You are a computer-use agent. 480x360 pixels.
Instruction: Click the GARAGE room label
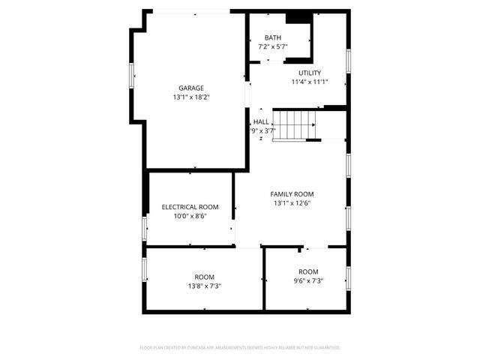(x=190, y=88)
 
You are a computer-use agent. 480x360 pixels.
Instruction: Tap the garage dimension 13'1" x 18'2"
(x=190, y=97)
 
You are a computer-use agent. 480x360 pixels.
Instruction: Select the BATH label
(x=273, y=38)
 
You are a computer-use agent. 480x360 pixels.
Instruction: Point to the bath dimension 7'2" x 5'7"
(x=273, y=46)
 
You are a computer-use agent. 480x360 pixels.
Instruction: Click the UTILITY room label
(x=310, y=73)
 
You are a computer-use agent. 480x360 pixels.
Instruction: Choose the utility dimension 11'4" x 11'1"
(x=310, y=82)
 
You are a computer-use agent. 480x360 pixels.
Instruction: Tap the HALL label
(x=261, y=121)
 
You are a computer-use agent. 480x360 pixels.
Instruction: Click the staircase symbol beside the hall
(x=295, y=124)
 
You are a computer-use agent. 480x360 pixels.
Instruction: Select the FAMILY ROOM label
(x=292, y=194)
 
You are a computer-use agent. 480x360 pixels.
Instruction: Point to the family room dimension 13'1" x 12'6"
(x=292, y=203)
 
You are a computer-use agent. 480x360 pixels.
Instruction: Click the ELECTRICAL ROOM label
(x=190, y=207)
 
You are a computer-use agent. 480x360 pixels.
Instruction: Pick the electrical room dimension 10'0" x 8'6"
(x=190, y=216)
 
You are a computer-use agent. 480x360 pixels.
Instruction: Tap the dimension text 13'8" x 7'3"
(x=204, y=286)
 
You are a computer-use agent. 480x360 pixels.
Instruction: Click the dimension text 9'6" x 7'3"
(x=308, y=280)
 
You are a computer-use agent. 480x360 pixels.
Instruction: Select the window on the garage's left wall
(x=133, y=76)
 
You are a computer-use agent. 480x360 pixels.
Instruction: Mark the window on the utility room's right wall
(x=348, y=60)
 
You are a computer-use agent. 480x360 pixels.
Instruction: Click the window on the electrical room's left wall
(x=145, y=228)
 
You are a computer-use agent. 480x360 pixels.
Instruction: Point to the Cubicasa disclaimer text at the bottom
(x=240, y=348)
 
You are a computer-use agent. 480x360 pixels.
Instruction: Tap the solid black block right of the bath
(x=298, y=18)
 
